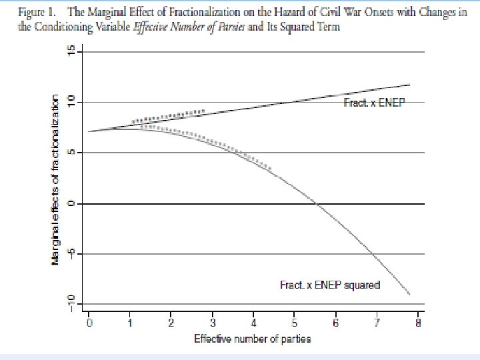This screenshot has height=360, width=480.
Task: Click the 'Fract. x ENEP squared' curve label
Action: (x=329, y=285)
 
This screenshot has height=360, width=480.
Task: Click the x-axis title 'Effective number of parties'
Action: (x=252, y=339)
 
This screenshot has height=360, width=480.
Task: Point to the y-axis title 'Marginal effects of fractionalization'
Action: (x=56, y=178)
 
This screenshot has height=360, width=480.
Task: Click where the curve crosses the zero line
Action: (x=317, y=203)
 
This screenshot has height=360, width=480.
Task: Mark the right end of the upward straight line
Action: (x=409, y=85)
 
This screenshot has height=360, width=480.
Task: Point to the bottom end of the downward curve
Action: (x=409, y=294)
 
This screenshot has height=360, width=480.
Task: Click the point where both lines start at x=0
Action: (x=89, y=131)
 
